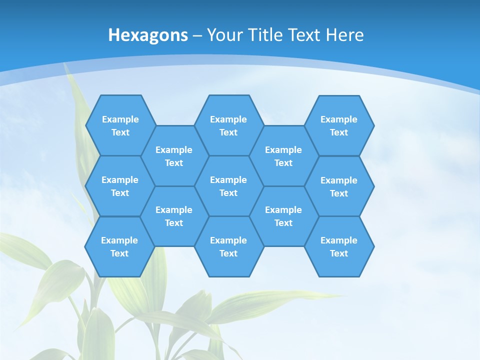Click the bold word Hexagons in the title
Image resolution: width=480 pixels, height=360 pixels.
tap(148, 35)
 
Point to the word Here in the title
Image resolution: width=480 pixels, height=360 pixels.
tap(344, 35)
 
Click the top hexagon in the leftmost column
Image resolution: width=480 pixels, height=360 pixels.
tap(120, 125)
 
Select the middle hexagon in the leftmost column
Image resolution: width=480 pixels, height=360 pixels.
tap(120, 186)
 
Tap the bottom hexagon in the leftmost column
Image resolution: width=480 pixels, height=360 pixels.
tap(119, 246)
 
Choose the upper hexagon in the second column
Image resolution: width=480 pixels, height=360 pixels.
tap(174, 156)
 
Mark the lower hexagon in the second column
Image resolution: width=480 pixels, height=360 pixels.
tap(174, 216)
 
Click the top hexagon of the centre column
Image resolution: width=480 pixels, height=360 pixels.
tap(228, 125)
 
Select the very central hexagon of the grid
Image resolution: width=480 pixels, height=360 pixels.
tap(228, 186)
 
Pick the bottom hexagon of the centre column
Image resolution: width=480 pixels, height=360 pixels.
tap(228, 246)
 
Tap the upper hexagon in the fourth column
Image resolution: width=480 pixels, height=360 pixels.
tap(283, 156)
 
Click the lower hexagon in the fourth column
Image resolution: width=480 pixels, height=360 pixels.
tap(283, 216)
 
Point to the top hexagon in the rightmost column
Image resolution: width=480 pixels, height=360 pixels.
tap(339, 125)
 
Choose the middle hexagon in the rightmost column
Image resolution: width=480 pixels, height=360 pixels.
tap(339, 186)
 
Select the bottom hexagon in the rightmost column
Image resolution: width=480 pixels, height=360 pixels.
tap(339, 246)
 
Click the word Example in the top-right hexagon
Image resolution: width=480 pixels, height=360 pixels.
tap(339, 119)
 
